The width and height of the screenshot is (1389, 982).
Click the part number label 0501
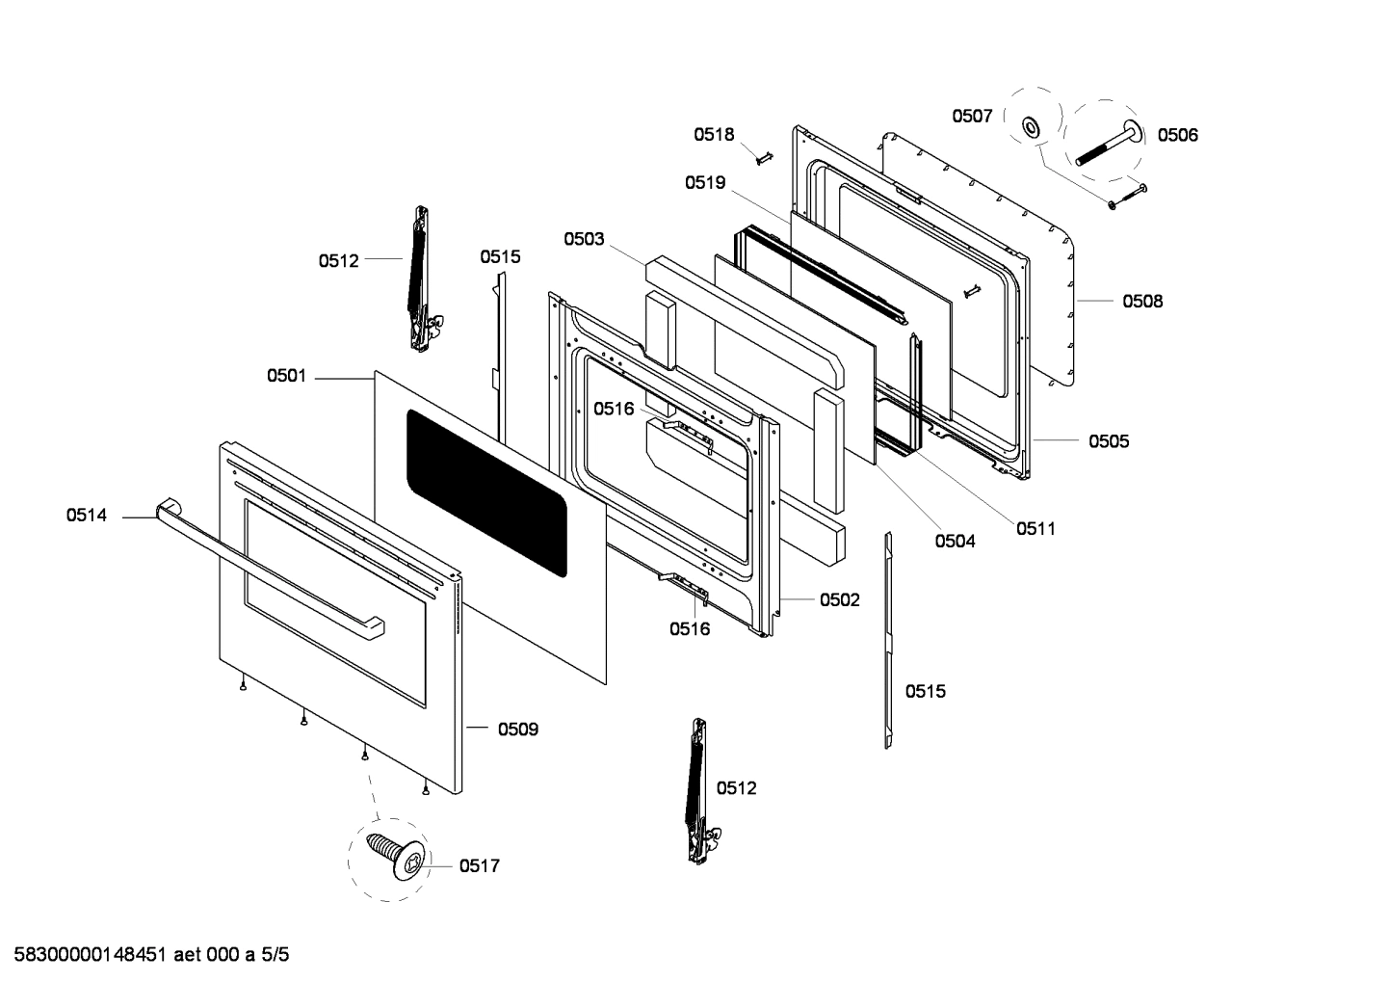[286, 376]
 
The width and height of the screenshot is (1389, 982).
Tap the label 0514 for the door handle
[86, 516]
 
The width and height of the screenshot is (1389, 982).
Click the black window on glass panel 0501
[486, 492]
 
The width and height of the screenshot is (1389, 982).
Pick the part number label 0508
[1141, 302]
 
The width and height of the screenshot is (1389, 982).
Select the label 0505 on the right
[1109, 441]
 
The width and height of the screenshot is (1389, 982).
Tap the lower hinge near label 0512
[697, 790]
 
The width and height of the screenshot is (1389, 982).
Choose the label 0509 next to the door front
[518, 730]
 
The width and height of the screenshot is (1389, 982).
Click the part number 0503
[584, 239]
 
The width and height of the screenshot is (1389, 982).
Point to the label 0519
[705, 182]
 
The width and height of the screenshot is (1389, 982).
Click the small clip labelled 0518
[765, 157]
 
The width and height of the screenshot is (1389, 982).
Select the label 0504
[955, 542]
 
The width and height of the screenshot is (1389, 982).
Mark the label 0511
[1035, 528]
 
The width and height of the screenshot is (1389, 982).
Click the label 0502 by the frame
[839, 599]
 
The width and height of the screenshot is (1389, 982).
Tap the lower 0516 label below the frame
[690, 629]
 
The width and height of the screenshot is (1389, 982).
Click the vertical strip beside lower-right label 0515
[889, 640]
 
